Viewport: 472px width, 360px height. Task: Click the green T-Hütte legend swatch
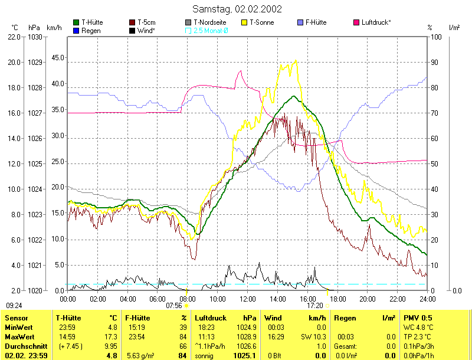[76, 22]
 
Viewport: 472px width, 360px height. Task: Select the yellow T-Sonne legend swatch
[245, 22]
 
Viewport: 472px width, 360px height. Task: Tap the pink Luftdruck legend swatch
[357, 22]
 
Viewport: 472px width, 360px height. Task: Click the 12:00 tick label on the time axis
[247, 299]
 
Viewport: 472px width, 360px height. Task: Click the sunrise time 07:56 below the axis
[174, 306]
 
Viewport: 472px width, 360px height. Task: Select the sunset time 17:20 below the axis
[315, 306]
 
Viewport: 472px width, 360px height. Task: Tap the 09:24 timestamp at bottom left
[14, 306]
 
